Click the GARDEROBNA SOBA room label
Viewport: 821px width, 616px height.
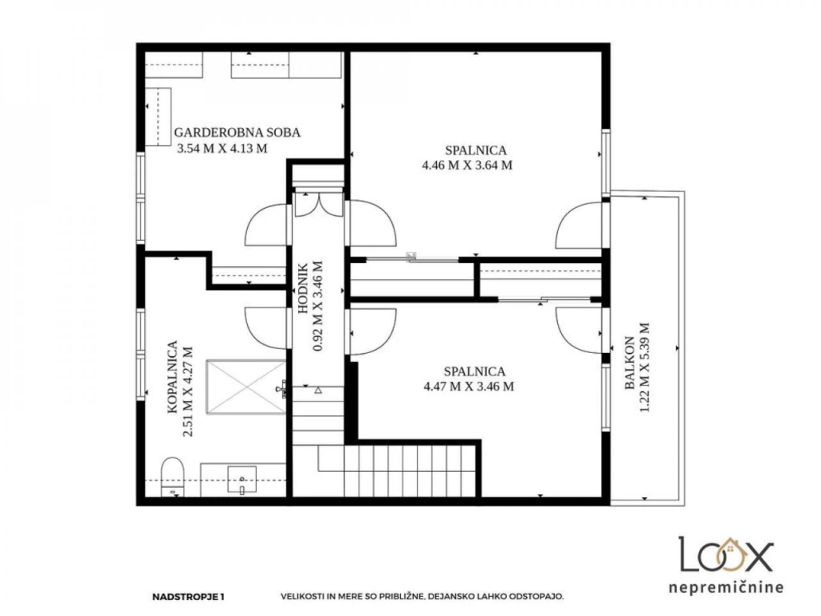(238, 132)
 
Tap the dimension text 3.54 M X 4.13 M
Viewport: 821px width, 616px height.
(222, 149)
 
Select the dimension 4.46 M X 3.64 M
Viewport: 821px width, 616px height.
(467, 166)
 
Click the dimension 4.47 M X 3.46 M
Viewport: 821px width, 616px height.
(468, 386)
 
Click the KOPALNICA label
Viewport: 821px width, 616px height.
(172, 377)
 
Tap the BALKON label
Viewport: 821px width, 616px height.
(630, 363)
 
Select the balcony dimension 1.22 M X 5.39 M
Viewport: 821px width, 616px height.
(645, 367)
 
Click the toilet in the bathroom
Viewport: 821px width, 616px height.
(171, 477)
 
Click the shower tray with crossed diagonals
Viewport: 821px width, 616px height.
(246, 386)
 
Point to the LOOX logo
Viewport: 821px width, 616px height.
(725, 555)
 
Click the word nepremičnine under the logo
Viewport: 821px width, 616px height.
(725, 587)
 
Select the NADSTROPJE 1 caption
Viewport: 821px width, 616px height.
(188, 596)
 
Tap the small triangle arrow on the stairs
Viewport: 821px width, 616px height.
(318, 390)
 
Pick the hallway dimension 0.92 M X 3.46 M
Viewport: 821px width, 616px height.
(317, 306)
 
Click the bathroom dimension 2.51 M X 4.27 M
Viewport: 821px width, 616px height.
(187, 391)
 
